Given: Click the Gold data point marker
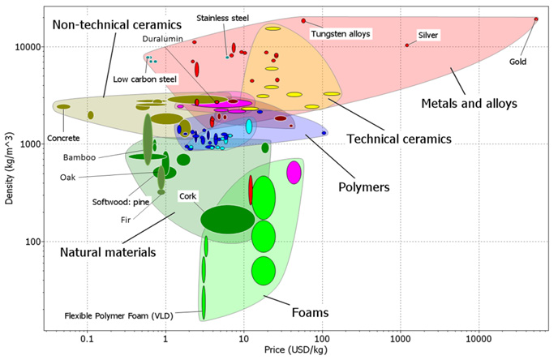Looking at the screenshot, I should [536, 19].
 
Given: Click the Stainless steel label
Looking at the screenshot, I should [223, 17].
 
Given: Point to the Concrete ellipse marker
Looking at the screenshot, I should [63, 106].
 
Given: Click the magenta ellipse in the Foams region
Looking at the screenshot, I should [294, 173].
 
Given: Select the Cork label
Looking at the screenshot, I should [188, 196].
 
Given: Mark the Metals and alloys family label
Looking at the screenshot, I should [470, 103].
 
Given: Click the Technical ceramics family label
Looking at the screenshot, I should [398, 139].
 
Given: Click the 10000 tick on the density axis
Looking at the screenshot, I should [29, 47].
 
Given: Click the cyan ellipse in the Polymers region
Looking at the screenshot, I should [250, 126].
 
